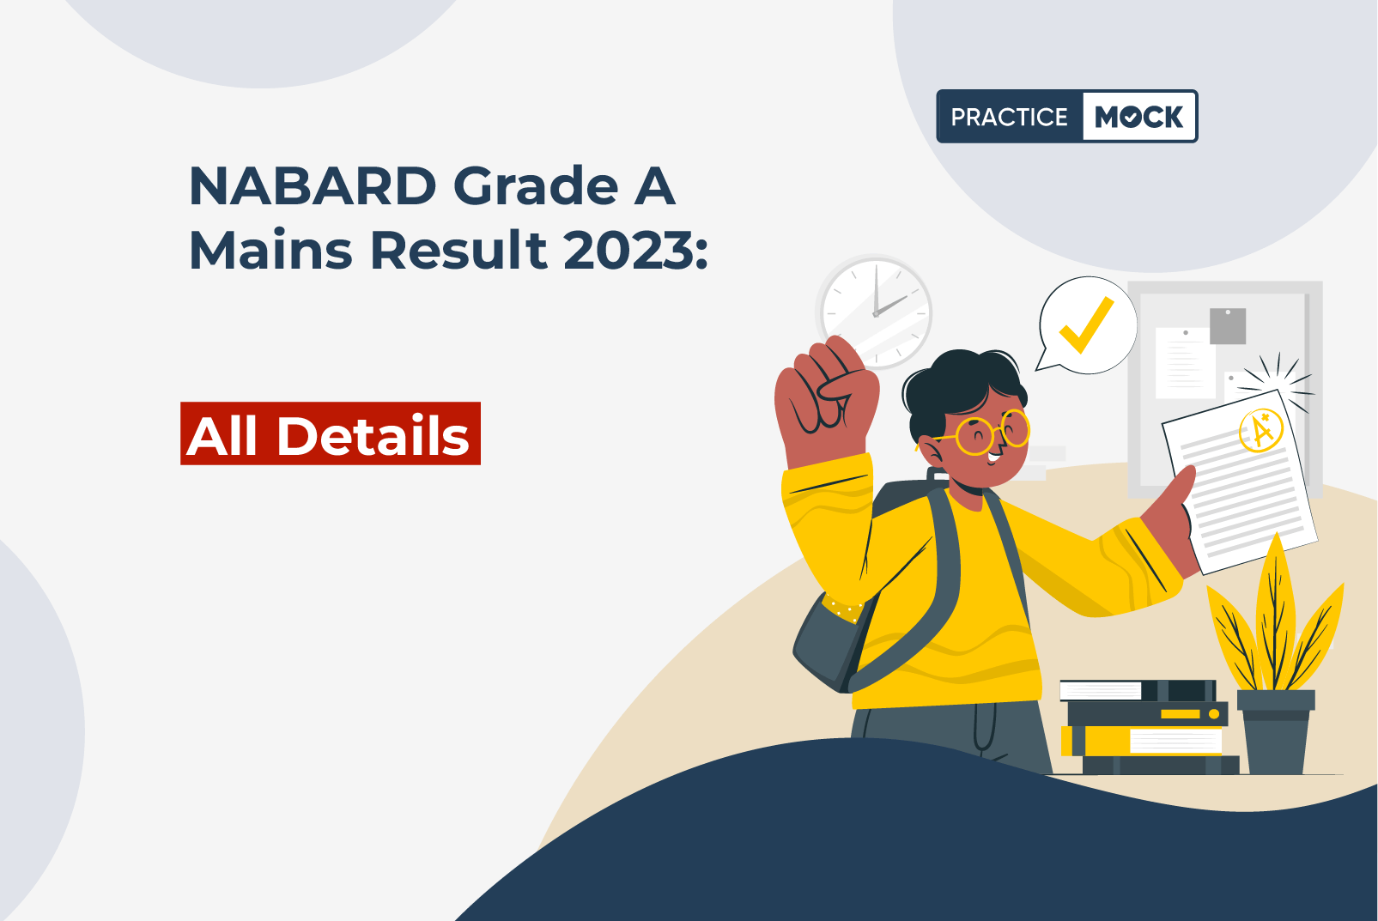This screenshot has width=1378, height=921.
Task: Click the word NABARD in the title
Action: (313, 185)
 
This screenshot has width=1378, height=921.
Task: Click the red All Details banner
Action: (331, 433)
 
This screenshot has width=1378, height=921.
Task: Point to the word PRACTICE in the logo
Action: (1009, 117)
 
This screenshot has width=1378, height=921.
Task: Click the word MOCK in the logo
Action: (1138, 117)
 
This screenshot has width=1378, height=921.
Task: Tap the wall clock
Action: (876, 312)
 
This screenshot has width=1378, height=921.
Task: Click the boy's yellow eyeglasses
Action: (984, 432)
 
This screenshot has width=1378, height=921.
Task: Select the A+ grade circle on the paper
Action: (1260, 430)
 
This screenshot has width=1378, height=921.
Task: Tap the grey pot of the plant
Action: (1276, 731)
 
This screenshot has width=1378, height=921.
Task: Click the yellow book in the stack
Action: (1142, 740)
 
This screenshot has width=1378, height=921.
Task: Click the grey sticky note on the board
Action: (1228, 326)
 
